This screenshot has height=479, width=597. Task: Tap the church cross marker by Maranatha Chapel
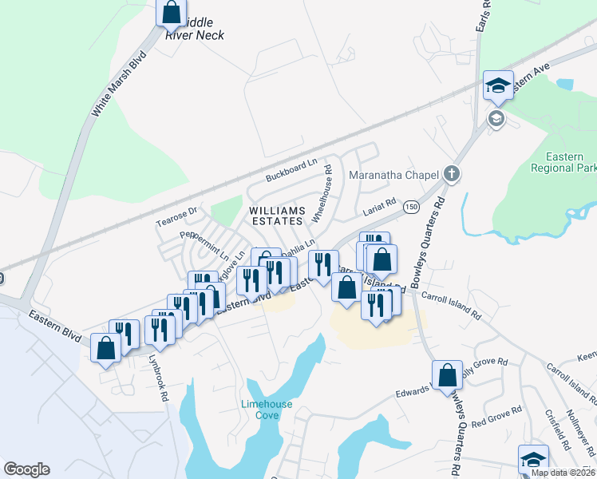pyautogui.click(x=452, y=173)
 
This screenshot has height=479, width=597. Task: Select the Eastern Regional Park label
pyautogui.click(x=563, y=163)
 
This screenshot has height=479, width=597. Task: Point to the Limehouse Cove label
pyautogui.click(x=267, y=410)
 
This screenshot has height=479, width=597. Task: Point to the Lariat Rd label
pyautogui.click(x=380, y=206)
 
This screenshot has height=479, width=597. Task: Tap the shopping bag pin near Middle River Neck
pyautogui.click(x=171, y=14)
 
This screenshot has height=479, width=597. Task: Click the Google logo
pyautogui.click(x=26, y=469)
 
